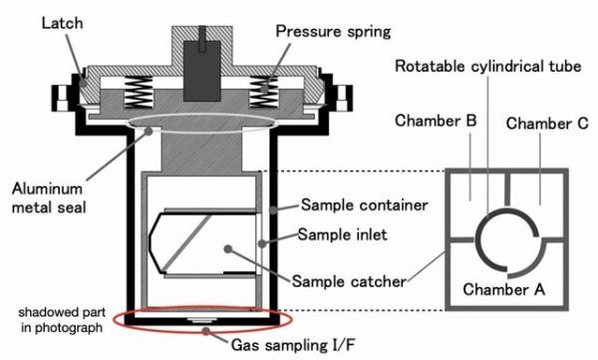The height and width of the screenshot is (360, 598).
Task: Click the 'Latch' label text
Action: (x=62, y=23)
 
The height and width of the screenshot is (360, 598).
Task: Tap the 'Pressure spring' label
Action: (x=333, y=32)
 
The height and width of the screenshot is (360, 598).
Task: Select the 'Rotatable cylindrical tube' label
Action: (x=487, y=66)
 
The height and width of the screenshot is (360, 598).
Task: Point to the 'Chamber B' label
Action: (x=436, y=121)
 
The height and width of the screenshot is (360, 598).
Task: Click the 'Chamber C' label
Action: (x=547, y=124)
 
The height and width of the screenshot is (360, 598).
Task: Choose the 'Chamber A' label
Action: (x=503, y=289)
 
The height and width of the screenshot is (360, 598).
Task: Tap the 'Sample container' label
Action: (x=364, y=205)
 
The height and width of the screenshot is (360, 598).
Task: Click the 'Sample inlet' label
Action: (x=342, y=234)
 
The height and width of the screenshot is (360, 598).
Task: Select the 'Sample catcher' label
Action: (x=349, y=282)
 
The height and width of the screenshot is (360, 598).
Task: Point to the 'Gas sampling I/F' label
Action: (x=293, y=345)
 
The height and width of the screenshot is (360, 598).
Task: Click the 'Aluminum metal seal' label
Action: (x=49, y=198)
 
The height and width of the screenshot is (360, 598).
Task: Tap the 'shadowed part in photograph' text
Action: (x=62, y=319)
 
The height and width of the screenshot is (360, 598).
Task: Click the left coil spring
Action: (x=139, y=92)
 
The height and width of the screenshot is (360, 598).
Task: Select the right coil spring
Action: (x=263, y=92)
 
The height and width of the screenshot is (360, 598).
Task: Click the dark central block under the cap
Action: (x=202, y=71)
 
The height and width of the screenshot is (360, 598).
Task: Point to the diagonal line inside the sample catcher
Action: (x=187, y=241)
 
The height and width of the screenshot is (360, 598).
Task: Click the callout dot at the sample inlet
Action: (x=262, y=243)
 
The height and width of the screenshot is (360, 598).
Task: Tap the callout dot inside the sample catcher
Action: (x=228, y=249)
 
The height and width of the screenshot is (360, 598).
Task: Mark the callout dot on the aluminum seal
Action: (x=149, y=132)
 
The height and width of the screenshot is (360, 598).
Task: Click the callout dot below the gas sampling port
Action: (x=206, y=331)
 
